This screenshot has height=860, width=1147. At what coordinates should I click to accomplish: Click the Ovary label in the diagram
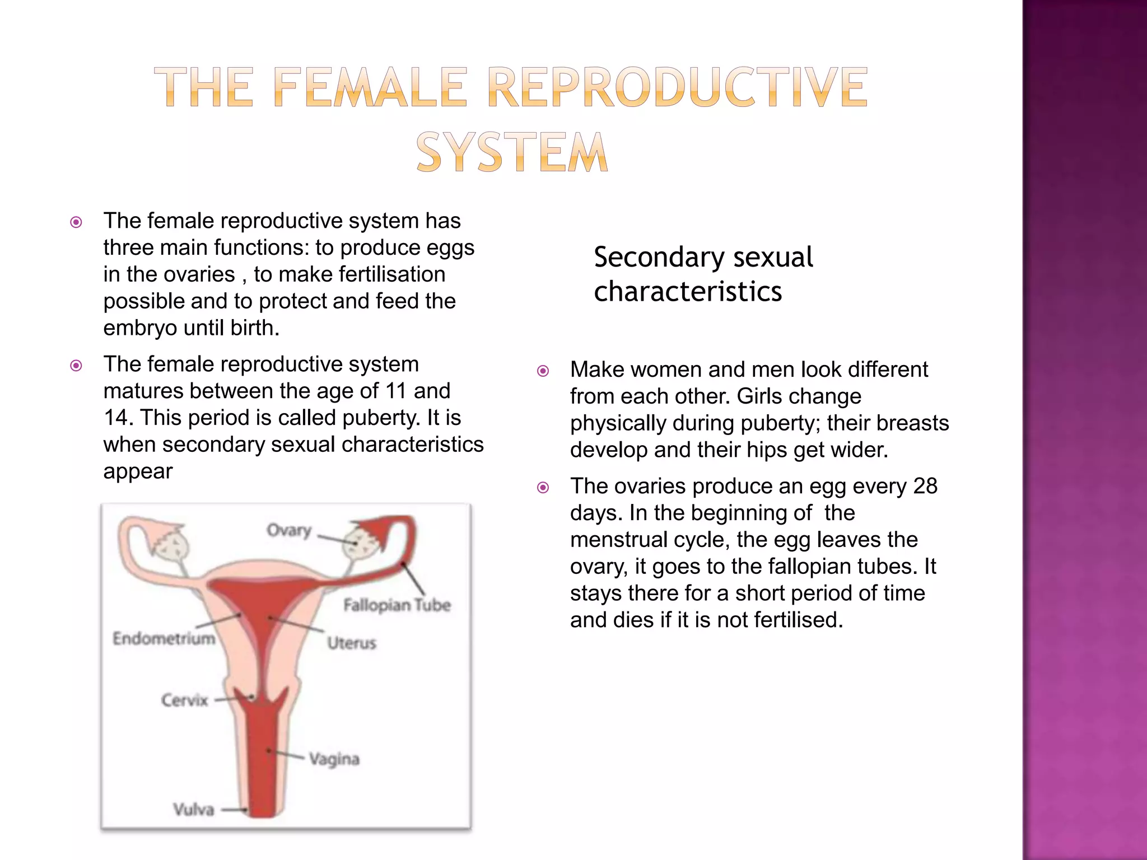pyautogui.click(x=288, y=530)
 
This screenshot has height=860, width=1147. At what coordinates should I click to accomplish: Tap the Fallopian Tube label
pyautogui.click(x=397, y=605)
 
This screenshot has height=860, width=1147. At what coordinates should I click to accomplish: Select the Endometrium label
pyautogui.click(x=164, y=638)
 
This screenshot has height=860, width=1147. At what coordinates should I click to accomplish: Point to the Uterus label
pyautogui.click(x=352, y=643)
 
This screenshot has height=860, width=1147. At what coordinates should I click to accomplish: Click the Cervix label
pyautogui.click(x=184, y=700)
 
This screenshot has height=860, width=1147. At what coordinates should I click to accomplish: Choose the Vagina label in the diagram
pyautogui.click(x=334, y=759)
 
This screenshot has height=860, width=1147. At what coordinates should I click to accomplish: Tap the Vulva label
pyautogui.click(x=194, y=810)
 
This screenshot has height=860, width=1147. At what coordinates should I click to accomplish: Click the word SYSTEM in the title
pyautogui.click(x=512, y=152)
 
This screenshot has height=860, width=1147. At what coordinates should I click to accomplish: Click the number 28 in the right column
pyautogui.click(x=925, y=486)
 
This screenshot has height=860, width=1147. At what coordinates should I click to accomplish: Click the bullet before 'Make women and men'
pyautogui.click(x=543, y=371)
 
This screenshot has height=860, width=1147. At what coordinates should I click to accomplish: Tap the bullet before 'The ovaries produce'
pyautogui.click(x=543, y=487)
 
